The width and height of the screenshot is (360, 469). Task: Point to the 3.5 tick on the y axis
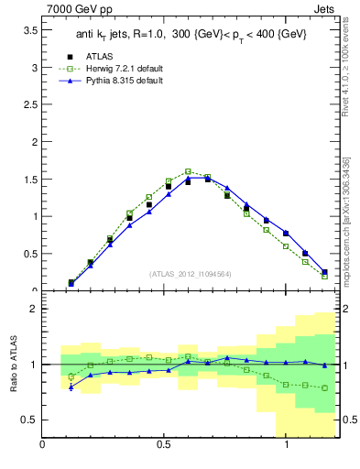(x=30, y=30)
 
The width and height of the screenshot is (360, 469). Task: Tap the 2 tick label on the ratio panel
(x=33, y=309)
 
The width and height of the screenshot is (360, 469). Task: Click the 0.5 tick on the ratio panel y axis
(x=29, y=420)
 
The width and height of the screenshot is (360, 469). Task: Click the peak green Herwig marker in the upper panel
(x=188, y=171)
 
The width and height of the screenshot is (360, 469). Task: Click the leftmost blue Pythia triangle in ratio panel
(x=71, y=387)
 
